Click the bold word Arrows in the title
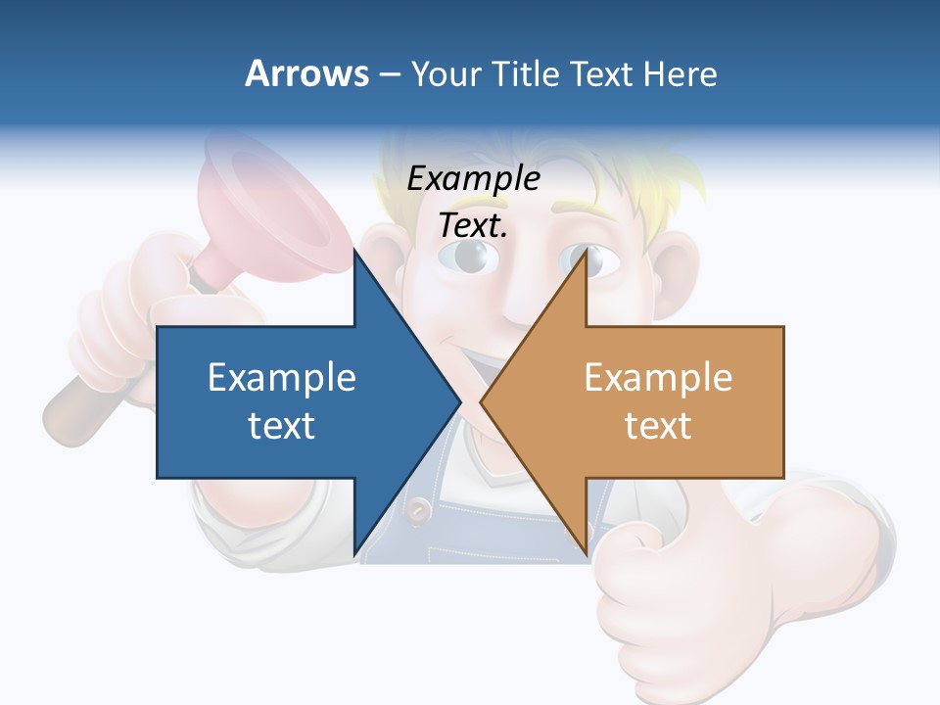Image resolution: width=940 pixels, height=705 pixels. pyautogui.click(x=306, y=73)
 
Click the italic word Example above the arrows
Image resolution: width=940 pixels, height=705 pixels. pyautogui.click(x=473, y=179)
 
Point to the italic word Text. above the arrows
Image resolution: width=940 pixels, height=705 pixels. pyautogui.click(x=473, y=225)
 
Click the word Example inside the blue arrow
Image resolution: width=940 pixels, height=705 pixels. pyautogui.click(x=282, y=377)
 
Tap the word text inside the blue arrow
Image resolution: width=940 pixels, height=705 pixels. pyautogui.click(x=282, y=425)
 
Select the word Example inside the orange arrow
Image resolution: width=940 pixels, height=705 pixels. pyautogui.click(x=658, y=377)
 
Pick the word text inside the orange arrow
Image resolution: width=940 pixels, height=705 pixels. pyautogui.click(x=658, y=425)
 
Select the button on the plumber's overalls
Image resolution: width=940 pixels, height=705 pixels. pyautogui.click(x=419, y=509)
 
